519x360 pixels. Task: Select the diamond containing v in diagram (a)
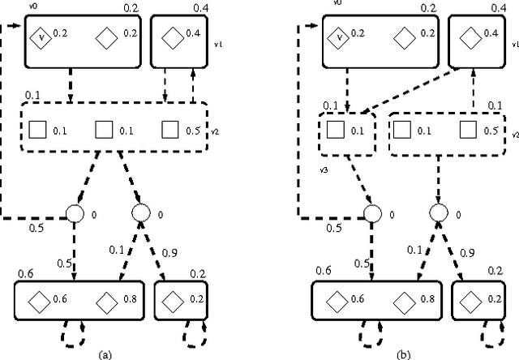(39, 36)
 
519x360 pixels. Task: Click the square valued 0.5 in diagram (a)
(169, 130)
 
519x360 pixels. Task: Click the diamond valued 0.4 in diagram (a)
(171, 36)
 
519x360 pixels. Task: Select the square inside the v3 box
(334, 130)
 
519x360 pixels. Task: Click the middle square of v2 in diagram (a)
(102, 130)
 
